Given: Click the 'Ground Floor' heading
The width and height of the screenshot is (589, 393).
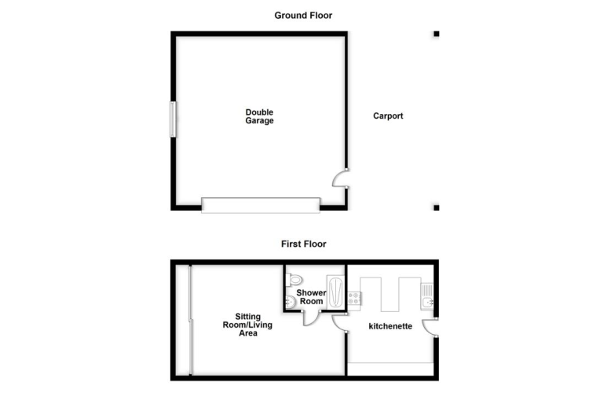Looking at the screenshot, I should click(x=303, y=15).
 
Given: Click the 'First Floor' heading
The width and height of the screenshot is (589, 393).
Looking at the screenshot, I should click(x=303, y=244).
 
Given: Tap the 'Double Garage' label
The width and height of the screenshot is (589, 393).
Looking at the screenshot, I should click(x=259, y=116).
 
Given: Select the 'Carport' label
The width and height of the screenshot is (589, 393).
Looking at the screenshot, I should click(x=388, y=116).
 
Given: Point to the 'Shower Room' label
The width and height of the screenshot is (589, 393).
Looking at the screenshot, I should click(x=311, y=297).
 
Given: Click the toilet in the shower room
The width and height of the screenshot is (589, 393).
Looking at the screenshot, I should click(x=294, y=279).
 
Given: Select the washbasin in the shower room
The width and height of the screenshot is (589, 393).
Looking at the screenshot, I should click(x=290, y=302).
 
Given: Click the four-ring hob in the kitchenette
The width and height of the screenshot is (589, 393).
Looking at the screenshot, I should click(x=354, y=298).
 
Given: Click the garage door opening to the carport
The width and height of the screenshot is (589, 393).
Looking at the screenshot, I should click(x=340, y=179).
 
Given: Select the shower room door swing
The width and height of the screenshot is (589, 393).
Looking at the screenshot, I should click(x=312, y=316).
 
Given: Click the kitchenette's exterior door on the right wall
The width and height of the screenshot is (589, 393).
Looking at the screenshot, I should click(x=430, y=327).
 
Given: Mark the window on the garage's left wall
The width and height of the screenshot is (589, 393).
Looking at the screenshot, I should click(x=171, y=119).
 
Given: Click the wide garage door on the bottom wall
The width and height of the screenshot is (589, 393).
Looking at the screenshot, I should click(x=261, y=205).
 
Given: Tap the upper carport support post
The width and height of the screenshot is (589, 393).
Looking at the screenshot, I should click(x=436, y=34).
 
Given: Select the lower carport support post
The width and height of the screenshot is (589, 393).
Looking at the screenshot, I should click(x=436, y=208).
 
